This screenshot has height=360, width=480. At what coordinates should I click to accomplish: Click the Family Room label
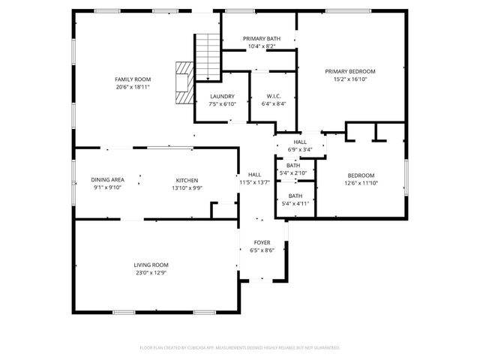[133, 79]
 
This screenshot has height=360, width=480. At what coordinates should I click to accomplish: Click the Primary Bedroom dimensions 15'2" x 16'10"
[349, 79]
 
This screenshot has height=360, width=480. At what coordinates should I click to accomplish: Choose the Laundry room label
[222, 96]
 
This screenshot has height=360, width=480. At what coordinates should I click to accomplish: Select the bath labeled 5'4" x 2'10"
[292, 169]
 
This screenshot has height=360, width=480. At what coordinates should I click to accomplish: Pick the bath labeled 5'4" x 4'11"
[292, 199]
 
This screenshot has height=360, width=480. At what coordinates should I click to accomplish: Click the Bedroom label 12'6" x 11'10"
[360, 178]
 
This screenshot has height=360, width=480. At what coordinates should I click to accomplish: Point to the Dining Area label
[107, 180]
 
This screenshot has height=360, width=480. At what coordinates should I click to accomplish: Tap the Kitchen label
[187, 180]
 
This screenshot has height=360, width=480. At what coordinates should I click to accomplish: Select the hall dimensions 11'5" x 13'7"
[254, 182]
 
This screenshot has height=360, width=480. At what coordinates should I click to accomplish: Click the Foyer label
[262, 242]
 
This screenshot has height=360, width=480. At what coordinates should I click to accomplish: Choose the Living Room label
[151, 265]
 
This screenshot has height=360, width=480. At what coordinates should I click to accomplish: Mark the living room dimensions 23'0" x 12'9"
[151, 273]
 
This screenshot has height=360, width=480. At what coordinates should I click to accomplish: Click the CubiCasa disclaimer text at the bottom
[240, 347]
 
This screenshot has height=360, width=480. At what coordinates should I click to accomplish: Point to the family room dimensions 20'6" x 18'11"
[133, 87]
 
